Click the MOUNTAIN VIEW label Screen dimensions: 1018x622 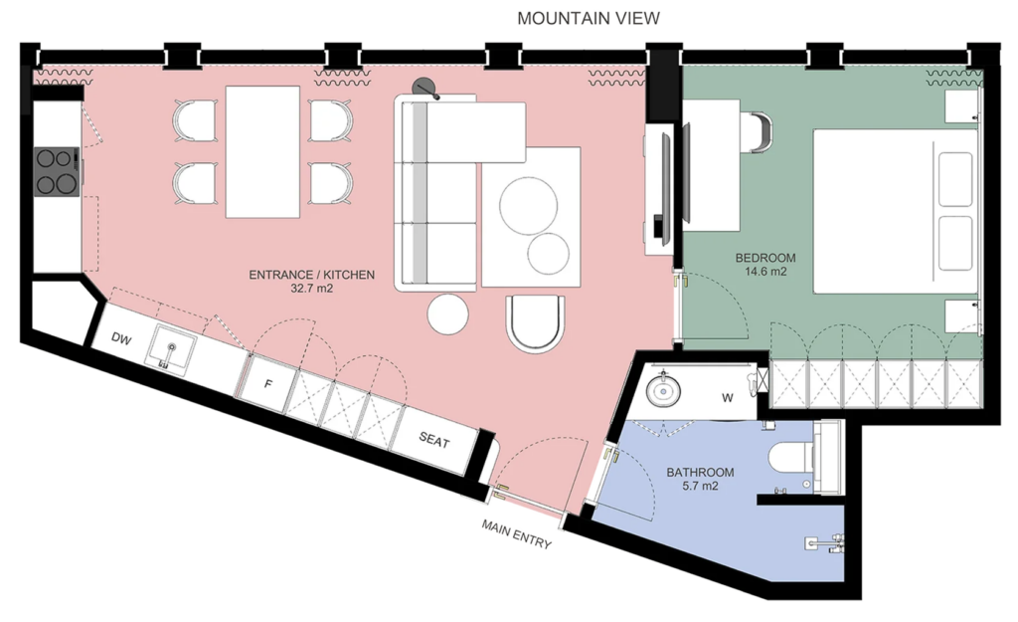[589, 18]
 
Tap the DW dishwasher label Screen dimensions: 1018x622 [121, 338]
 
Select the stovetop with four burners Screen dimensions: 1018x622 [57, 171]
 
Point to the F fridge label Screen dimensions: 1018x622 [268, 384]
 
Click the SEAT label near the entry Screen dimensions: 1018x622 [433, 441]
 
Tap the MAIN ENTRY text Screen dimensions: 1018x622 [516, 533]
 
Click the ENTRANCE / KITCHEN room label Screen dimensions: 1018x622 [311, 275]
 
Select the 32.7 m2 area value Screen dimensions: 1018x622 [311, 288]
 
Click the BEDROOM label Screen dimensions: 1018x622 [765, 258]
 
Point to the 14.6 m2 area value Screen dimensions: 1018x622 [765, 271]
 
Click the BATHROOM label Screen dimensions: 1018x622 [700, 473]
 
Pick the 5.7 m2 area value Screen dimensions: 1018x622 [700, 486]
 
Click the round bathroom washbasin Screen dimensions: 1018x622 [663, 391]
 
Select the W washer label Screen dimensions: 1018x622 [727, 398]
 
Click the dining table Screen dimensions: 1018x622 [262, 152]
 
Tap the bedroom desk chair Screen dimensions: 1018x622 [759, 132]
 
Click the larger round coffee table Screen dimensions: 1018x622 [528, 205]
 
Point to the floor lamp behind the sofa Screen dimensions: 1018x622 [425, 88]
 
